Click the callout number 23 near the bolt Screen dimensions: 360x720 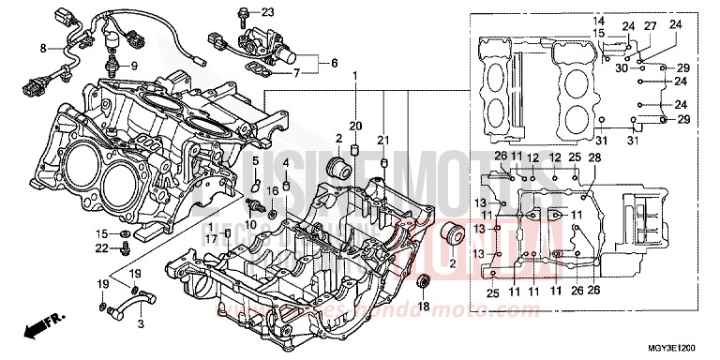(242, 12)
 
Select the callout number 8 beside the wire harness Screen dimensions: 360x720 (42, 47)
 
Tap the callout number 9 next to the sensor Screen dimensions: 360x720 (133, 66)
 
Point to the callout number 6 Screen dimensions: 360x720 (333, 63)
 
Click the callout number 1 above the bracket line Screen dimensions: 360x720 (354, 74)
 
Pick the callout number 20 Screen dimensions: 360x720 (355, 126)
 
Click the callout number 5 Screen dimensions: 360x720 (253, 162)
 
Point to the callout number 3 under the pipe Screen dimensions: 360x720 (141, 324)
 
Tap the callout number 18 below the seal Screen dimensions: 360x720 (424, 306)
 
